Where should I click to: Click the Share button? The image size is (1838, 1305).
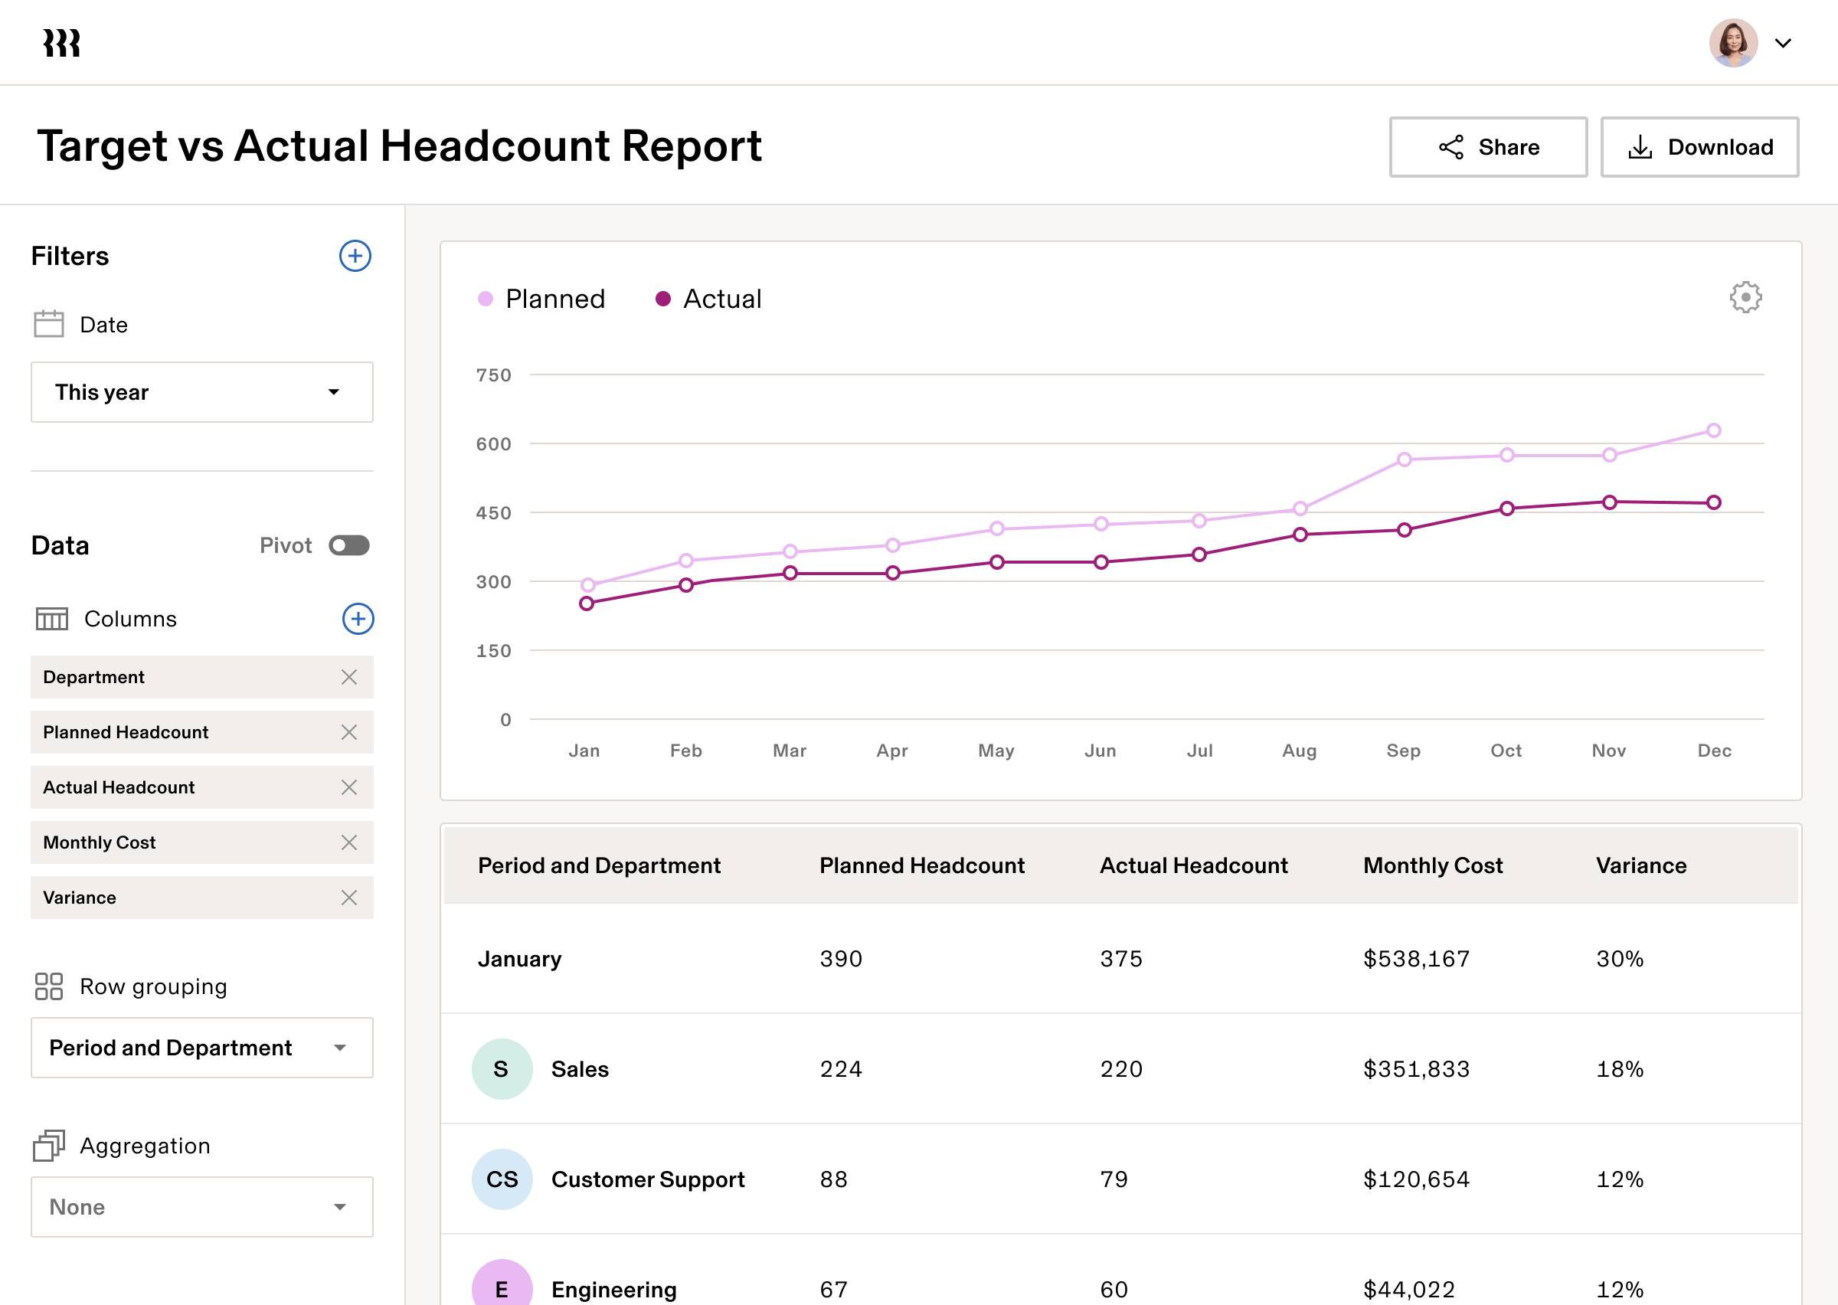pyautogui.click(x=1488, y=147)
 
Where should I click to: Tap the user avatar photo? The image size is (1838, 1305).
pyautogui.click(x=1733, y=44)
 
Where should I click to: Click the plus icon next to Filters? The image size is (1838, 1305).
pyautogui.click(x=355, y=257)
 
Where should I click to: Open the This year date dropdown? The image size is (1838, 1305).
pyautogui.click(x=201, y=392)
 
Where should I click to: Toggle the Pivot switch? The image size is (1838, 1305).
pyautogui.click(x=348, y=545)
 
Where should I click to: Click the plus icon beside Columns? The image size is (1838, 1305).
pyautogui.click(x=358, y=619)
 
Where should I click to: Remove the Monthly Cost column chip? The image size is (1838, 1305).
pyautogui.click(x=348, y=842)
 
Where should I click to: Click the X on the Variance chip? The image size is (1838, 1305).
pyautogui.click(x=348, y=898)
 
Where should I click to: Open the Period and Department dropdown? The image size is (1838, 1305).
pyautogui.click(x=201, y=1048)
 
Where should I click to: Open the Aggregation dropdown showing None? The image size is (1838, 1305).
pyautogui.click(x=201, y=1207)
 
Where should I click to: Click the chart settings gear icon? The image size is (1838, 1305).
pyautogui.click(x=1745, y=297)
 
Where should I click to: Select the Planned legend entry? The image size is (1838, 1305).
pyautogui.click(x=541, y=299)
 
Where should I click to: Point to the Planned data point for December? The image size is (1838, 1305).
pyautogui.click(x=1713, y=430)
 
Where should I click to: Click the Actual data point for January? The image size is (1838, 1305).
pyautogui.click(x=587, y=603)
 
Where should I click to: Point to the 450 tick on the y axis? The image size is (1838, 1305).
pyautogui.click(x=493, y=512)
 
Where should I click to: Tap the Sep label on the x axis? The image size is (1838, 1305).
pyautogui.click(x=1404, y=751)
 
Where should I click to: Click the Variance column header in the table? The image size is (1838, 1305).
pyautogui.click(x=1640, y=865)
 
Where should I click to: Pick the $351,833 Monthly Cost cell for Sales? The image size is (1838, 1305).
pyautogui.click(x=1415, y=1069)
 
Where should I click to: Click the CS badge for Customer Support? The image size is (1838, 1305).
pyautogui.click(x=502, y=1179)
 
